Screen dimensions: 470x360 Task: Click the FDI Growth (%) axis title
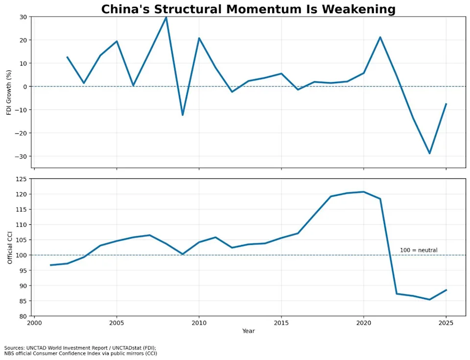9,93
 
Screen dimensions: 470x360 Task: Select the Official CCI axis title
10,247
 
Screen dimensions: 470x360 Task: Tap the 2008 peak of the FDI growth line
166,18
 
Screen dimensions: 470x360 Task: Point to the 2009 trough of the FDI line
183,115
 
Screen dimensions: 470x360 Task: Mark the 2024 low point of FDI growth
429,153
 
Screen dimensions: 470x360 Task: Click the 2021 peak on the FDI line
380,37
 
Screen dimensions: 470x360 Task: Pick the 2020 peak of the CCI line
364,192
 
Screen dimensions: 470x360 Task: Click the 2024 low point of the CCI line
429,299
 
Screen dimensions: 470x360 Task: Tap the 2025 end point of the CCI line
446,290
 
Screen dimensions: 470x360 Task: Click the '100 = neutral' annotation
419,250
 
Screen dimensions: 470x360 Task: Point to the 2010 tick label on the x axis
199,323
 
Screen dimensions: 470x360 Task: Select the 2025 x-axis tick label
446,323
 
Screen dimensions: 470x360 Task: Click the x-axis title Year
249,331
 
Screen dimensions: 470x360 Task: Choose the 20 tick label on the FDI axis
23,40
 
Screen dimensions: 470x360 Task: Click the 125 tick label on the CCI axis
22,179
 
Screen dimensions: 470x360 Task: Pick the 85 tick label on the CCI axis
23,301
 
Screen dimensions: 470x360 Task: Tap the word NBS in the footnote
9,354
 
